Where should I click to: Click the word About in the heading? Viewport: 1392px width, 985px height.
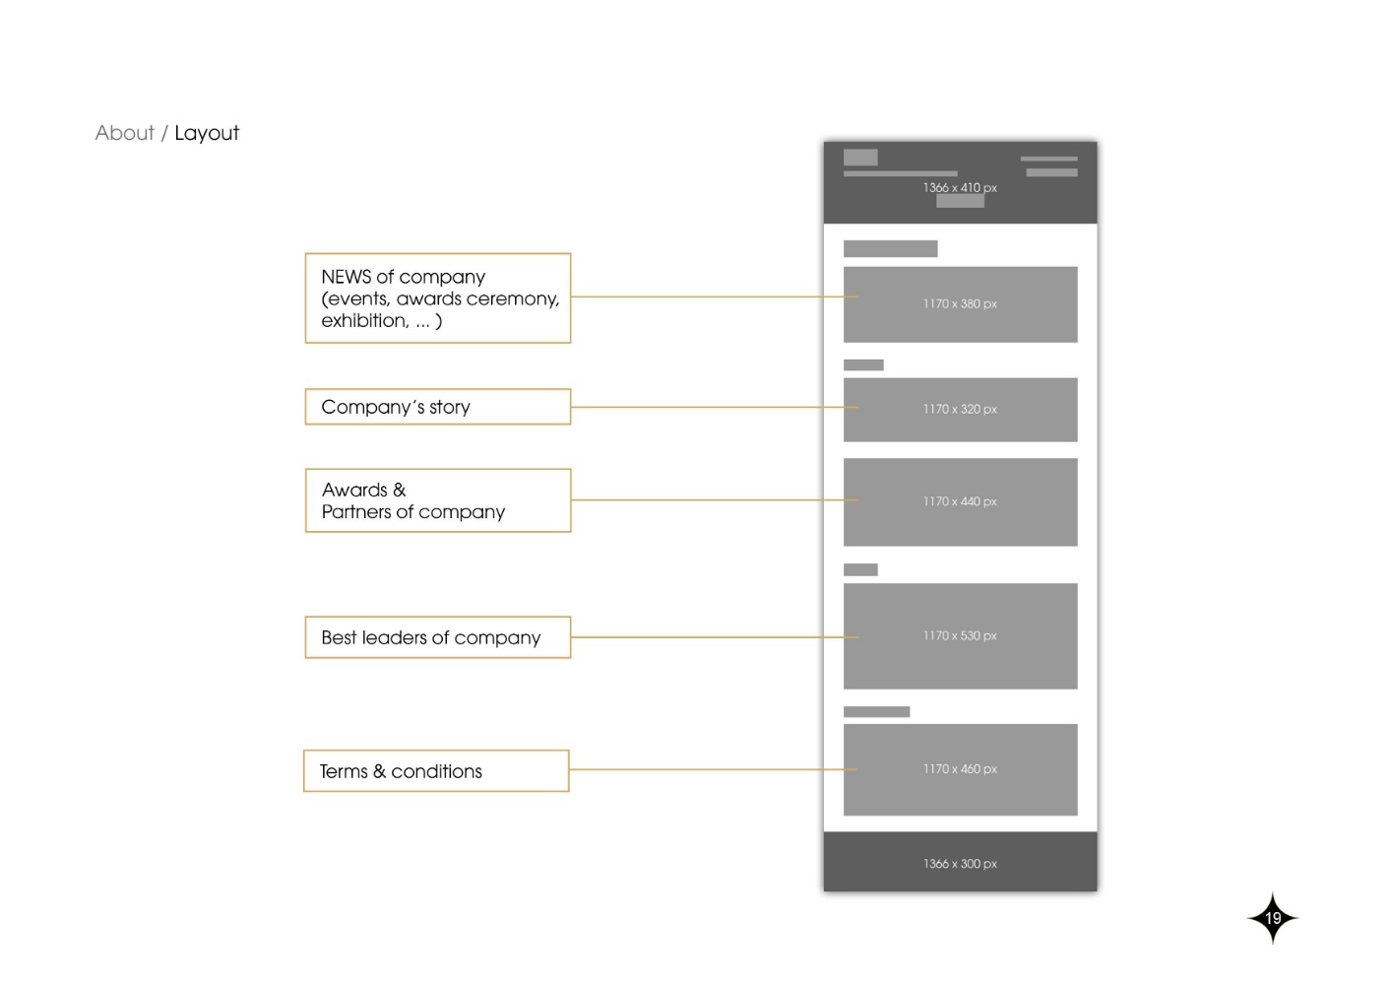[x=124, y=132]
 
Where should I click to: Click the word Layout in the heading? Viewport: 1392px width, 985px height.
[x=207, y=132]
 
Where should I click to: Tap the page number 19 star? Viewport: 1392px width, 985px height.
[x=1273, y=918]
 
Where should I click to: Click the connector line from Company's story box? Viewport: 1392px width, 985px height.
[x=715, y=408]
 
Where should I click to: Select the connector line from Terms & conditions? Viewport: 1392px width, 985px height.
[x=714, y=770]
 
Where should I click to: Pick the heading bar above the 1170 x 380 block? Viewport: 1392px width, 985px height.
[x=891, y=249]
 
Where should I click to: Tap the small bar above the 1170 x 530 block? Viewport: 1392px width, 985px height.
[x=860, y=569]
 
